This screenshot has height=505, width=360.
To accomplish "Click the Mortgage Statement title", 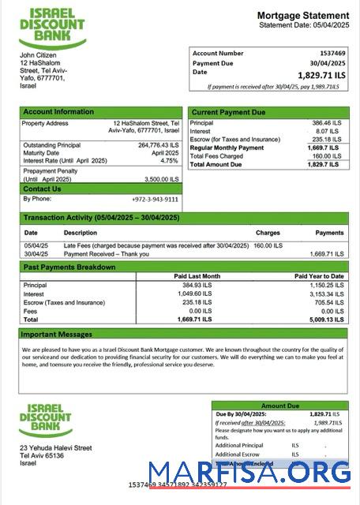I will (x=302, y=16).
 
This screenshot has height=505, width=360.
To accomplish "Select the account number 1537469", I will (x=328, y=53).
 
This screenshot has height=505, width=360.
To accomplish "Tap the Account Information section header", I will (x=58, y=112).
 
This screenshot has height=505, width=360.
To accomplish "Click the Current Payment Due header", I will (x=228, y=112).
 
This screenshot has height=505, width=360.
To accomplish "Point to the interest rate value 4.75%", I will (x=169, y=160).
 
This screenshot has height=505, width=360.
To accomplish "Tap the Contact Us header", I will (x=42, y=189).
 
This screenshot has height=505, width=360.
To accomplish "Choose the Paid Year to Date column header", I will (x=318, y=276).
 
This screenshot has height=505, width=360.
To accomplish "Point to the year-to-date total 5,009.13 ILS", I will (x=324, y=320).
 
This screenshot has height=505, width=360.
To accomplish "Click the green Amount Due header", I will (x=279, y=405).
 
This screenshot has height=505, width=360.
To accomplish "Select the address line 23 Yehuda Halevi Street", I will (x=55, y=447).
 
